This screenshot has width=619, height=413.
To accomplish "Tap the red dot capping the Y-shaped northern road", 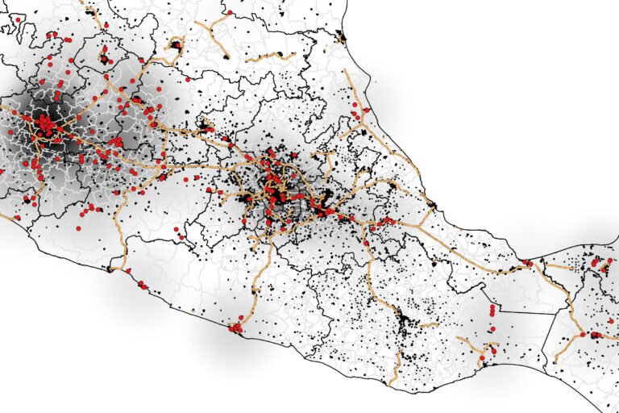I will (230, 13).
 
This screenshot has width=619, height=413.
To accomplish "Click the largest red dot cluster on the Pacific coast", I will (236, 327).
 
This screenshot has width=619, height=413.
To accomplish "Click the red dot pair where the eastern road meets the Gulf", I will (528, 263).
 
